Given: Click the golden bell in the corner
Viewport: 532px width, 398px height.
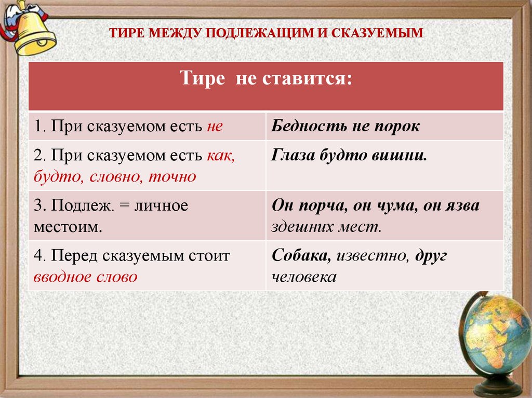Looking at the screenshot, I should (x=32, y=31).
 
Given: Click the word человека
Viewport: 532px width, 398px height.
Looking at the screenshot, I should (x=304, y=277).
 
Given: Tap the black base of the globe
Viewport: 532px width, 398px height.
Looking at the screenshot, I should (x=497, y=387).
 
